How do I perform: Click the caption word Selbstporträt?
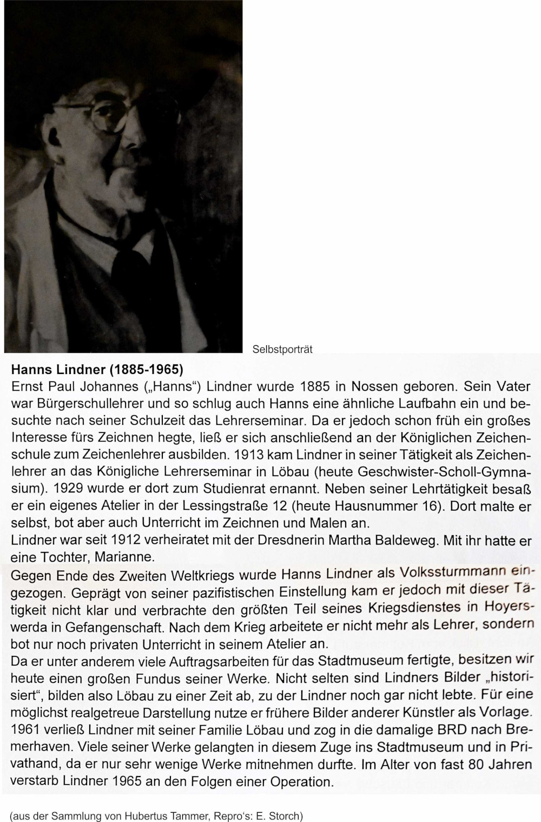(282, 350)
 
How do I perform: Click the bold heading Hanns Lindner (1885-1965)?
(97, 370)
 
